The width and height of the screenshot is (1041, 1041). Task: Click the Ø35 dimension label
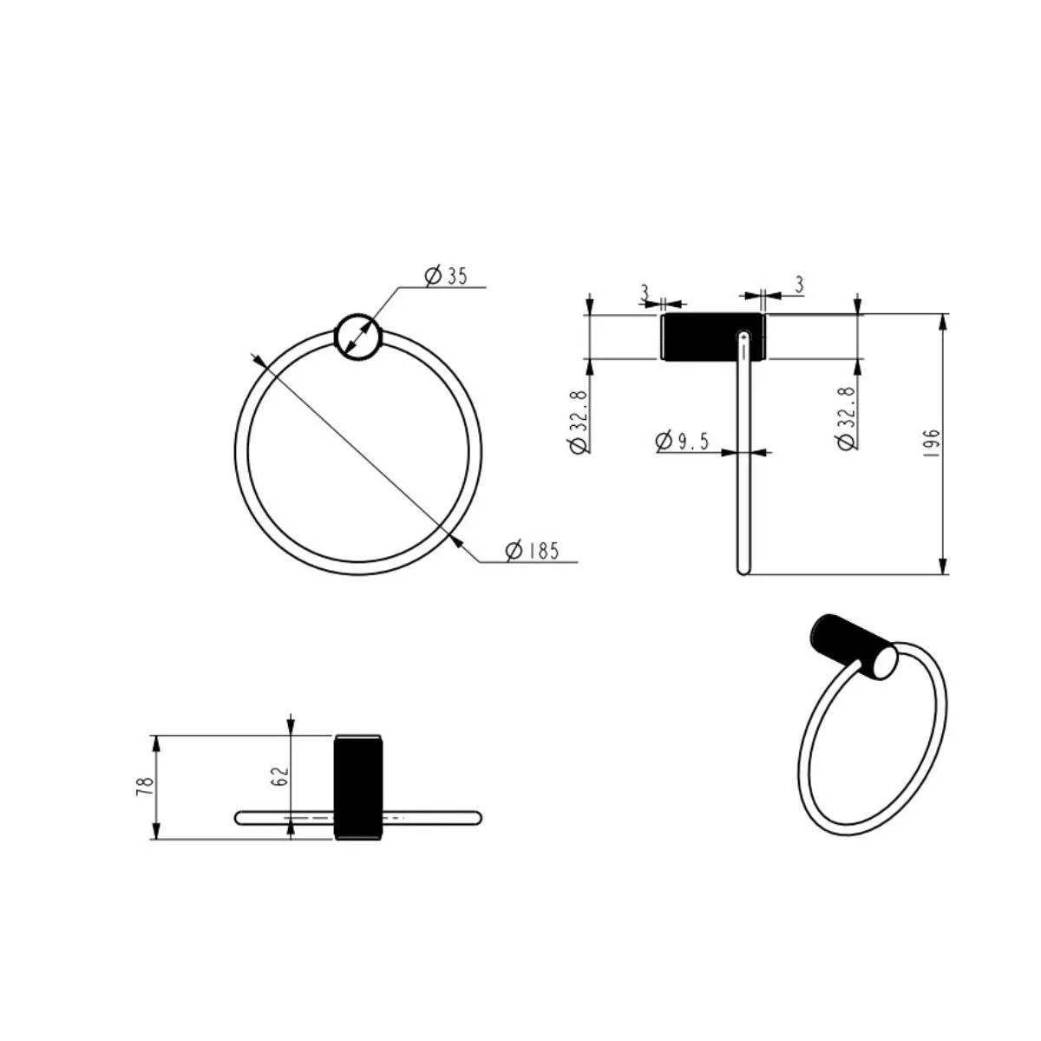click(x=446, y=276)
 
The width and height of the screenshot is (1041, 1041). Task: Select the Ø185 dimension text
click(x=532, y=550)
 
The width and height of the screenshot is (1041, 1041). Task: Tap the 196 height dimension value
click(x=932, y=443)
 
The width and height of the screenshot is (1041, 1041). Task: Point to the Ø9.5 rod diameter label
click(x=683, y=441)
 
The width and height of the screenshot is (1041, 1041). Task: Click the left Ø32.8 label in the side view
click(x=578, y=422)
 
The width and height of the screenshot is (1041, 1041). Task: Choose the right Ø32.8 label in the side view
click(x=847, y=418)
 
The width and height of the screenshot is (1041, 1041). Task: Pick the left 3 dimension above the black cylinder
click(x=645, y=292)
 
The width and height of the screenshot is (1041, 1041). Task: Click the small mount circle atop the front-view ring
click(x=357, y=336)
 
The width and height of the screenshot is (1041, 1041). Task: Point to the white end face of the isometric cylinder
click(x=884, y=663)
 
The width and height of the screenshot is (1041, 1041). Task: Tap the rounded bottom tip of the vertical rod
click(x=743, y=570)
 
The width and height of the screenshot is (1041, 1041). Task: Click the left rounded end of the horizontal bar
click(x=240, y=817)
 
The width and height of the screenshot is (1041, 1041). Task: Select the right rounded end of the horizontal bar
click(x=475, y=817)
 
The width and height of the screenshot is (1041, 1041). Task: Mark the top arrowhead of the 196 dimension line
click(x=944, y=320)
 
